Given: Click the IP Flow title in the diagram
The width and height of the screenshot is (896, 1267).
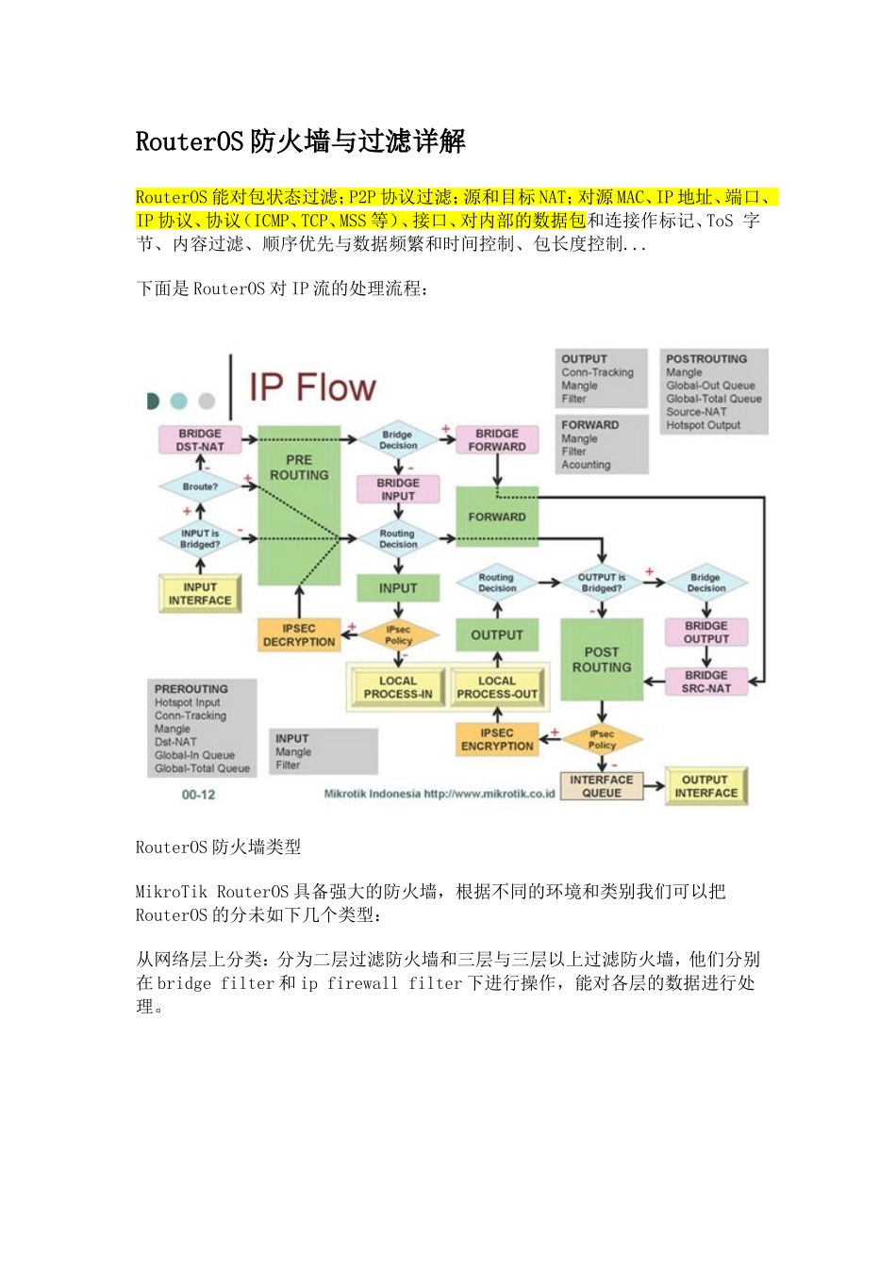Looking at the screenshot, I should tap(312, 387).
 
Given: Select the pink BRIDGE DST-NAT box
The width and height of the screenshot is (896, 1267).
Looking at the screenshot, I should tap(200, 440).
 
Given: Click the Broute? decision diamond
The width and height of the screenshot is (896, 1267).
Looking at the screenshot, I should tap(200, 486).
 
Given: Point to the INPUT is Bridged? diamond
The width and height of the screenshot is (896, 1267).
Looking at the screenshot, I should tap(200, 538).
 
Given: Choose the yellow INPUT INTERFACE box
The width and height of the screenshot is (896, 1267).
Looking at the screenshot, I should tap(200, 594).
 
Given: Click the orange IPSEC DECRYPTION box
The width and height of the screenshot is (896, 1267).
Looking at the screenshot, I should tap(299, 635).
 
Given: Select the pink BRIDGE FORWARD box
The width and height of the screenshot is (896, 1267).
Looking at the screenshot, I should tap(497, 440).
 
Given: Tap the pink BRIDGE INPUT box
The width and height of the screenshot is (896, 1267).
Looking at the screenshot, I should tap(398, 489).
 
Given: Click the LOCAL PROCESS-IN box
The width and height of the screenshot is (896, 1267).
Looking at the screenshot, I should tap(398, 687).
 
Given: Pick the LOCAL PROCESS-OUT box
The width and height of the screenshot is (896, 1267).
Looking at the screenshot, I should tap(497, 687).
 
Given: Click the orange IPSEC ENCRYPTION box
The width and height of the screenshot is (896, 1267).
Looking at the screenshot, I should tap(497, 739).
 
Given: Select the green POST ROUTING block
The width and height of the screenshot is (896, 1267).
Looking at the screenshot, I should tap(602, 659).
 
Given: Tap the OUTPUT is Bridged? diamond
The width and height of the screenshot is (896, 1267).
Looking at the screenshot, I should tap(602, 583).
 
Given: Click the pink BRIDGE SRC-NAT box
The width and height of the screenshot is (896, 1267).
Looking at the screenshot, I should tap(706, 682).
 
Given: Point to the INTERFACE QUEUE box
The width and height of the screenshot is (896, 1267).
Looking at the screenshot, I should tap(602, 786).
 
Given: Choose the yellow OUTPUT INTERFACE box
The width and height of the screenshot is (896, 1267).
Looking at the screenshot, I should tap(705, 786).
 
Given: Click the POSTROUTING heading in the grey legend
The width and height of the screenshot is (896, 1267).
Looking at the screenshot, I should tap(706, 359).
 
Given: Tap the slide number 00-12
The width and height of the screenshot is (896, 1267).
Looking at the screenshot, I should tap(198, 795).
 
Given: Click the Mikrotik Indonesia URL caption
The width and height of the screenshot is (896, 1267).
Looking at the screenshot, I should tap(440, 794).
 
